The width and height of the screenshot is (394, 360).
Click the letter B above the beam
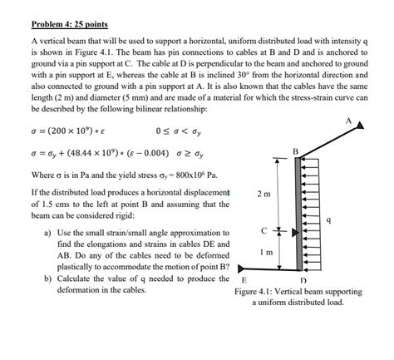tap(295, 150)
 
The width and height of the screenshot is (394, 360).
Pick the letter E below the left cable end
tap(243, 280)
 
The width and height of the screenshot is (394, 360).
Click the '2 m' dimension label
tap(263, 194)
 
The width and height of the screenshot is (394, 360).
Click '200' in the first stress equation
tap(61, 131)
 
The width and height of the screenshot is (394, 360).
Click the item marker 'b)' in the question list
tap(47, 279)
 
